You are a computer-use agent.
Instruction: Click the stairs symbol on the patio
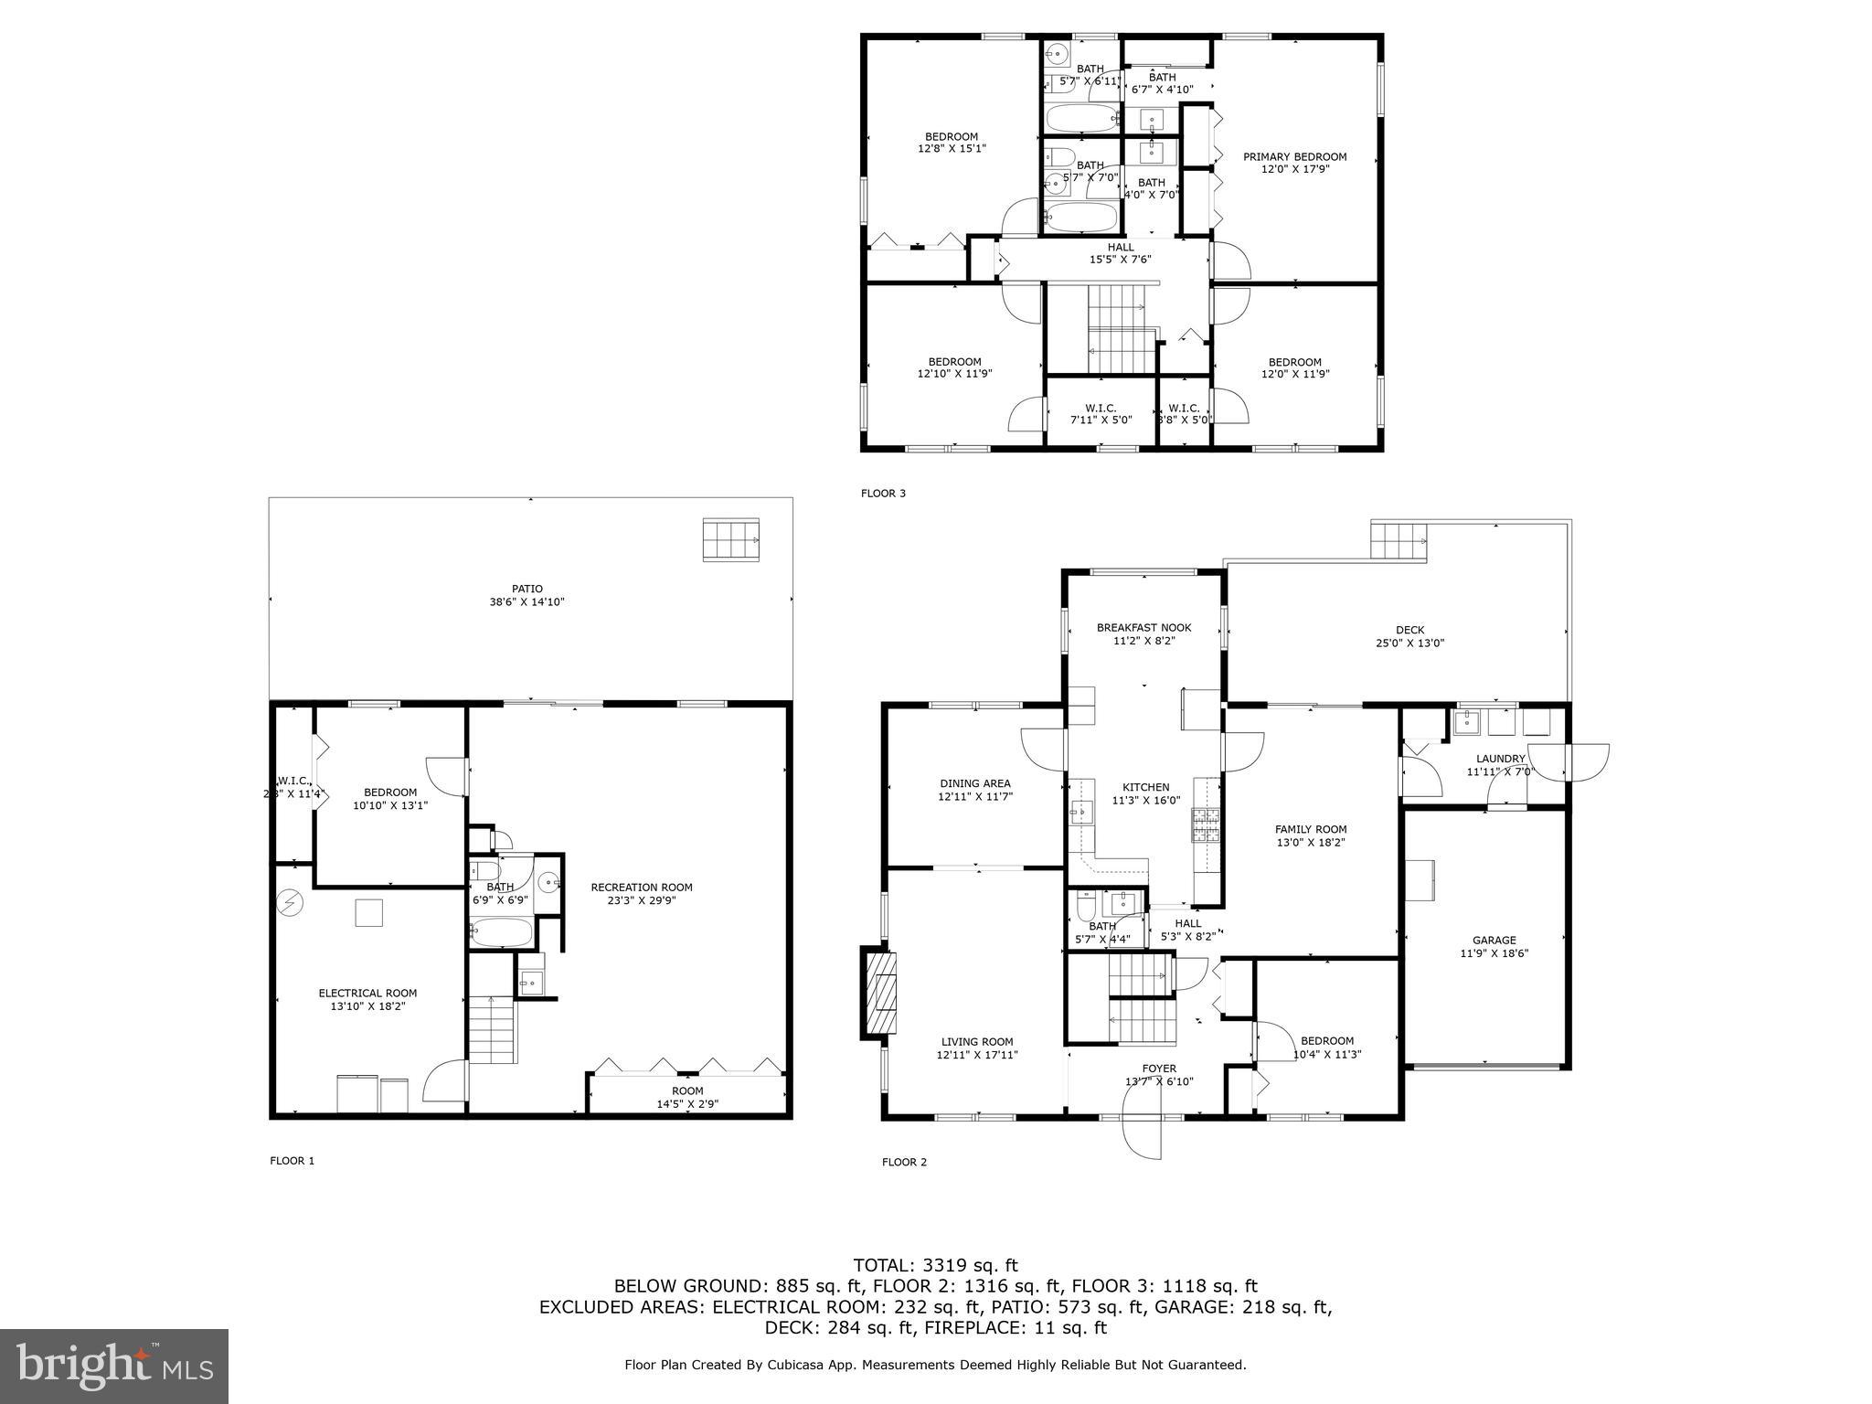[730, 539]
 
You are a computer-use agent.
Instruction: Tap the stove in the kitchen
[1205, 825]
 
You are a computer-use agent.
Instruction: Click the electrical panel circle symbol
[291, 903]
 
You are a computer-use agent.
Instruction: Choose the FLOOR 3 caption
[883, 494]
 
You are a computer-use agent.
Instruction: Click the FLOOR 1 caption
[292, 1161]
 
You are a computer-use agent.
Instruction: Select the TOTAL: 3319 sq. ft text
[935, 1265]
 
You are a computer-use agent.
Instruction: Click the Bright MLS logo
[114, 1366]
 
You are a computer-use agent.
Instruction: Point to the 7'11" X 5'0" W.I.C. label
[1101, 414]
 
